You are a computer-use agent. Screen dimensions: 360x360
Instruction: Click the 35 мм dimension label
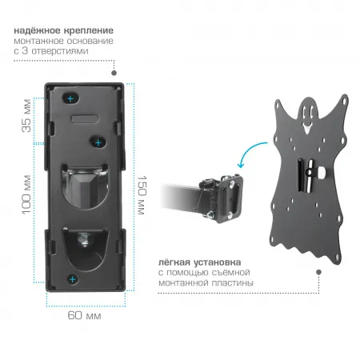[26, 115]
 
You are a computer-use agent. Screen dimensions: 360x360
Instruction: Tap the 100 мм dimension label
[26, 194]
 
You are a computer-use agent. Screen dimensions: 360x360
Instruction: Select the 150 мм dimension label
[142, 195]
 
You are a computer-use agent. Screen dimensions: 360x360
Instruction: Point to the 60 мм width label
[84, 316]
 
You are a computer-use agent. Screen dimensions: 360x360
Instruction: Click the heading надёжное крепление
[64, 30]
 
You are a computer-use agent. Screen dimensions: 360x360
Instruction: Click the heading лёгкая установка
[200, 262]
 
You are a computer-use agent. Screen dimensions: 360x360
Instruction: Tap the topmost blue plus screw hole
[70, 99]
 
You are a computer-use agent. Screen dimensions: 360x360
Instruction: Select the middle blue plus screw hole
[98, 142]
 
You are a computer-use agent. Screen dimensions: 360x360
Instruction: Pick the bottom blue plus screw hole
[73, 279]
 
